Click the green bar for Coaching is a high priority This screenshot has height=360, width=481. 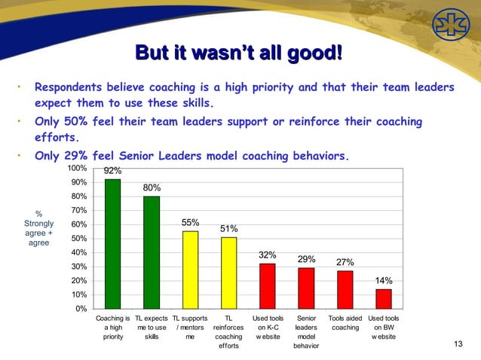[112, 243]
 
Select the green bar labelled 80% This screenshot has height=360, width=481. [152, 252]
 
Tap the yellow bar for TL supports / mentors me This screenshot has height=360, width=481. [190, 270]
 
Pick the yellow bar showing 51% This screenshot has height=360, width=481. [228, 273]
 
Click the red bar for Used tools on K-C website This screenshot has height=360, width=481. [267, 286]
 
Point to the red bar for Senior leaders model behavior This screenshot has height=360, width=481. [306, 288]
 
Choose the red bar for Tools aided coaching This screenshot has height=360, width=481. [345, 289]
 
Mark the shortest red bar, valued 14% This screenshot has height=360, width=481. [384, 298]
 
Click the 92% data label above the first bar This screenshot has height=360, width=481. [112, 171]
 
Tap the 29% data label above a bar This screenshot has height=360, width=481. [306, 259]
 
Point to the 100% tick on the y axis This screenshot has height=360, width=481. [77, 168]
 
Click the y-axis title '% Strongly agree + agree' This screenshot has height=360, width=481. [38, 228]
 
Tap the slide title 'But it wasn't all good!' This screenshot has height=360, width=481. [238, 53]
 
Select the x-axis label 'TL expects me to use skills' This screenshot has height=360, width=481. [151, 328]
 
